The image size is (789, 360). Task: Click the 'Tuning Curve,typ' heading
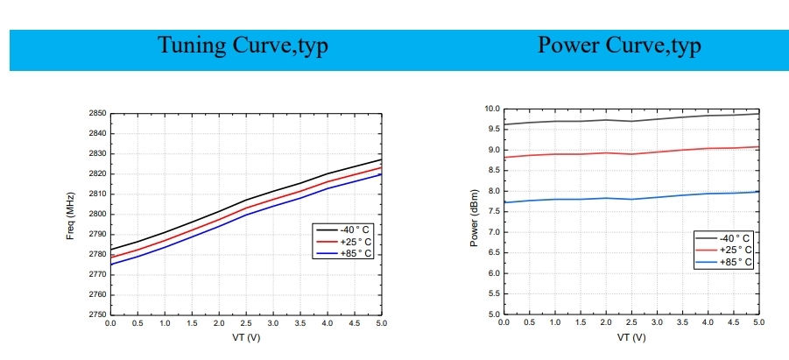[x=243, y=46]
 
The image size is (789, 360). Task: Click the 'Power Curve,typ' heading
[x=618, y=46]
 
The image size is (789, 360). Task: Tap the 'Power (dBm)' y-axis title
[x=474, y=217]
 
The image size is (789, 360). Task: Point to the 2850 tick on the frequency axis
[x=97, y=114]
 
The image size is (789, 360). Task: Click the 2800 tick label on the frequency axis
[x=97, y=215]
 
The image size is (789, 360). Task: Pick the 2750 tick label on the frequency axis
[x=97, y=314]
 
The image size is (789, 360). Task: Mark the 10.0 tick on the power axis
[x=491, y=109]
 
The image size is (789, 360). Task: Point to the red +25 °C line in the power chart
[x=630, y=152]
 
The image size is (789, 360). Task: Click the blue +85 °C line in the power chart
[x=630, y=197]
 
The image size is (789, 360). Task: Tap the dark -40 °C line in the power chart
[x=630, y=120]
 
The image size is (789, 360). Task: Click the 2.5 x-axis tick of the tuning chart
[x=246, y=323]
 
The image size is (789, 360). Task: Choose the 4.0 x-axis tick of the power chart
[x=708, y=323]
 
